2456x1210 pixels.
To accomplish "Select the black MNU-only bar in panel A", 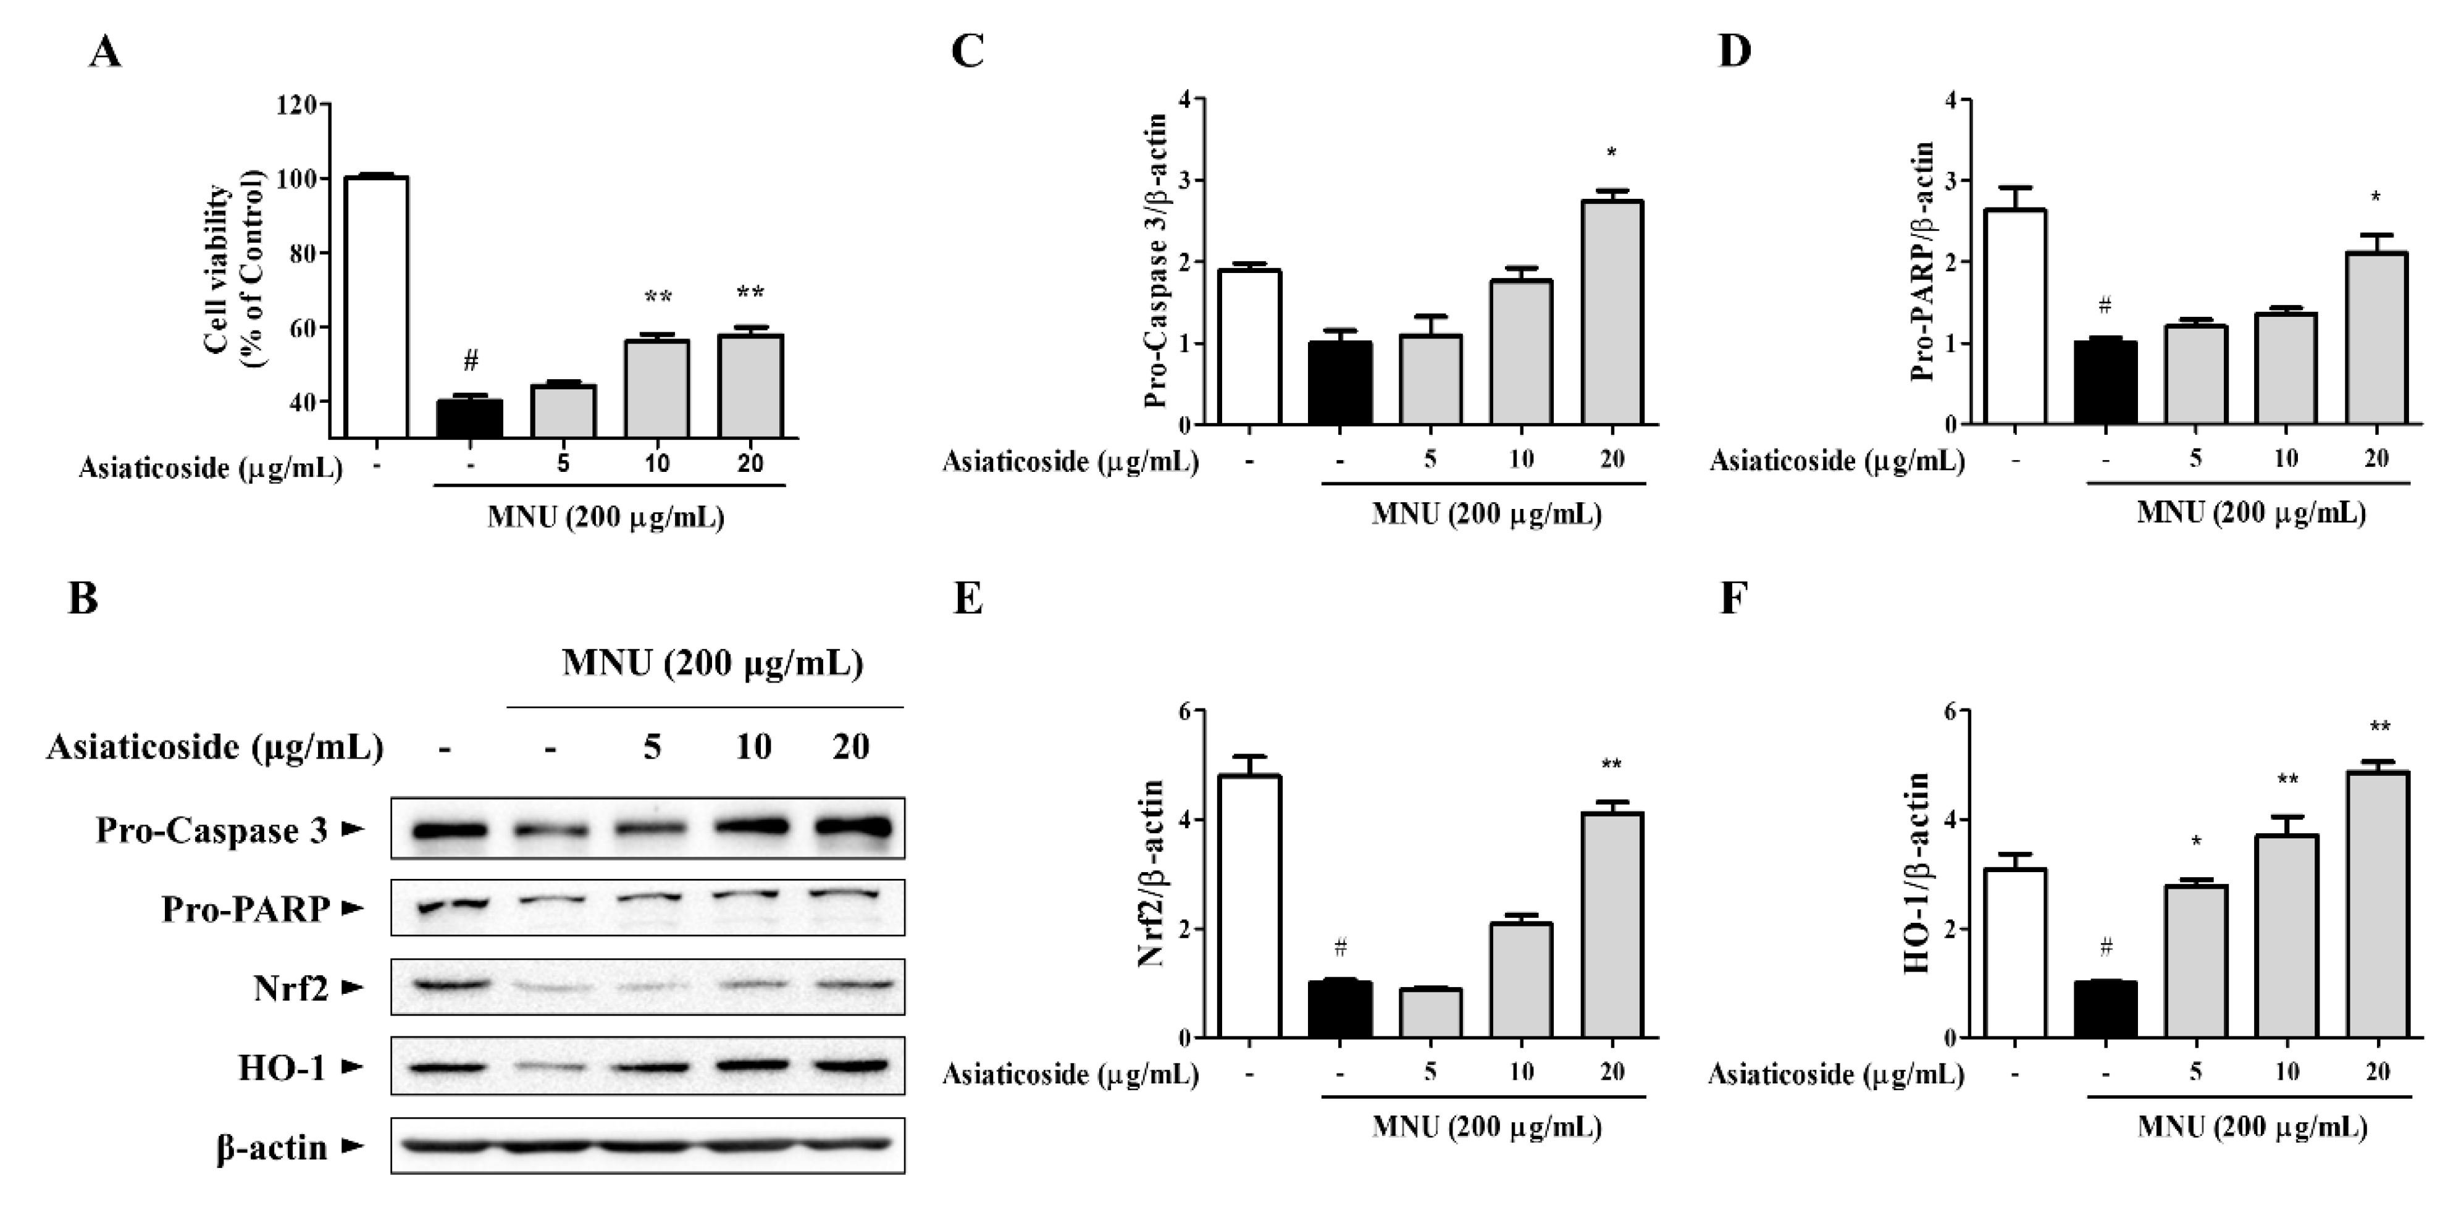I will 469,419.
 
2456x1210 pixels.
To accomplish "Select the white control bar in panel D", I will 2016,317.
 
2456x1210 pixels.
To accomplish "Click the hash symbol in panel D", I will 2105,307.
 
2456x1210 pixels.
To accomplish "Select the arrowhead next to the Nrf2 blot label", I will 353,988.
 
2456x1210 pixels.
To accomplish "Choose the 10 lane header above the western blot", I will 753,746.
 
